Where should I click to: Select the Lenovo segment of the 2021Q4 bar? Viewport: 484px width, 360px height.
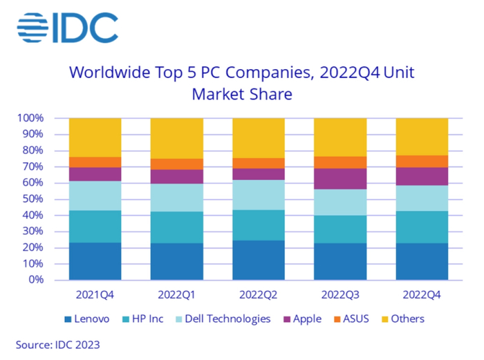95,260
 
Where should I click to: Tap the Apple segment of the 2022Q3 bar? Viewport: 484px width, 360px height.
340,178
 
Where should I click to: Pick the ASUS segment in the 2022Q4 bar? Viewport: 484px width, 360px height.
422,161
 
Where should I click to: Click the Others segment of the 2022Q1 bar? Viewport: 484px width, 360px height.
177,138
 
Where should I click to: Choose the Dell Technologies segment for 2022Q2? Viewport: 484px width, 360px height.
259,195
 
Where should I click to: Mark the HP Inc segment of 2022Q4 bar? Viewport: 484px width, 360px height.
422,227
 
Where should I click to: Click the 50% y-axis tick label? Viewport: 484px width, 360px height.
32,199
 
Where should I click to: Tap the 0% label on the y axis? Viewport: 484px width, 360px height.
35,280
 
